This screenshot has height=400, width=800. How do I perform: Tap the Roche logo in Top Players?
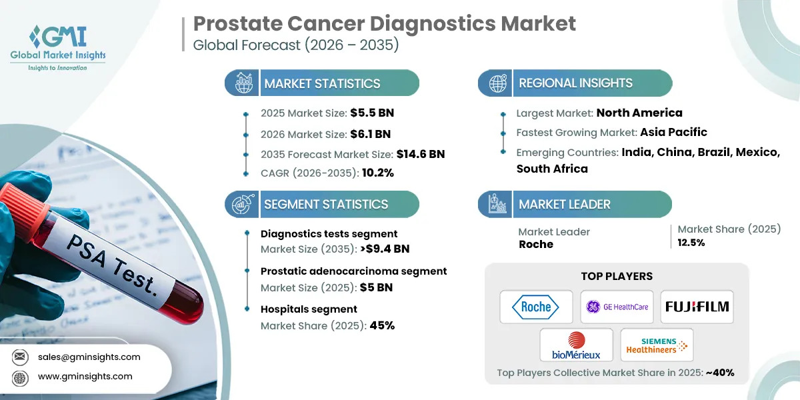click(x=536, y=307)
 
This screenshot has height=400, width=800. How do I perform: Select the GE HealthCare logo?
click(x=616, y=307)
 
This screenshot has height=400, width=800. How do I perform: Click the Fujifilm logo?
click(x=697, y=307)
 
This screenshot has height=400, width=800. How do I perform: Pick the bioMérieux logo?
click(x=576, y=345)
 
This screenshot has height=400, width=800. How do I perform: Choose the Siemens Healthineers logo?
click(x=657, y=345)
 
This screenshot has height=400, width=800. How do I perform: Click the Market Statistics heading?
click(x=322, y=83)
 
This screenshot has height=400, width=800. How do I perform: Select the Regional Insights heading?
click(x=575, y=83)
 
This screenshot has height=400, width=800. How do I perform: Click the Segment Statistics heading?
click(x=326, y=205)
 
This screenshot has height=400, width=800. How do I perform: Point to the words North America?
click(x=639, y=113)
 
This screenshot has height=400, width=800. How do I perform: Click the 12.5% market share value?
click(x=691, y=243)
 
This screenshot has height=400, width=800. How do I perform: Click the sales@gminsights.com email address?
click(x=89, y=357)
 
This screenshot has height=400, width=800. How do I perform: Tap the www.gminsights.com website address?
click(x=85, y=376)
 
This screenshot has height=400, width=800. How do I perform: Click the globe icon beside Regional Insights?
click(x=497, y=83)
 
